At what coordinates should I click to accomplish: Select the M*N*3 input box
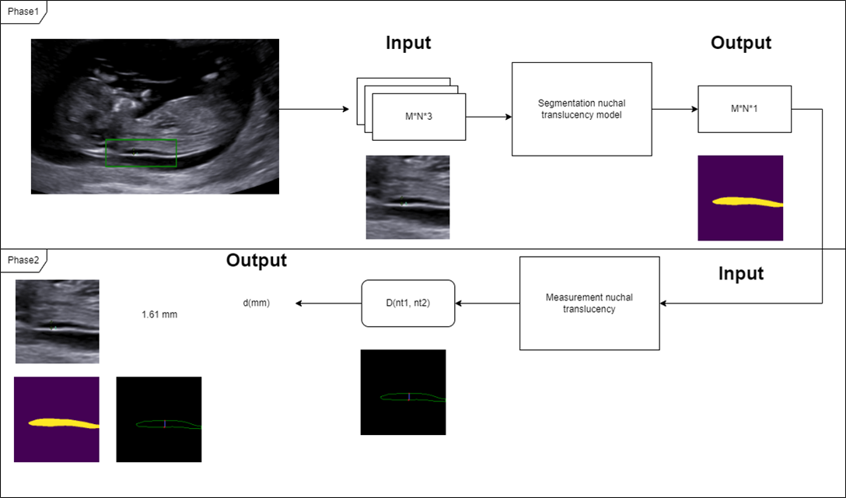click(419, 117)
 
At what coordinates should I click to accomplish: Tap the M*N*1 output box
click(744, 109)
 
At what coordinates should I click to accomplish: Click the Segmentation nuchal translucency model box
click(581, 109)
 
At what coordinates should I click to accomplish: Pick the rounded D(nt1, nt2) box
click(407, 303)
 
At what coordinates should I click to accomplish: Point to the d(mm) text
click(257, 303)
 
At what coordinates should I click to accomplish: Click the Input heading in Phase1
click(408, 43)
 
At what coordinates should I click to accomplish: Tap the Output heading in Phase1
click(740, 43)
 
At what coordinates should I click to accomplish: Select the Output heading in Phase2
click(256, 260)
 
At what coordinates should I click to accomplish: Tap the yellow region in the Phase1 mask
click(743, 202)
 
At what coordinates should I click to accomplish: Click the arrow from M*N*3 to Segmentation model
click(488, 117)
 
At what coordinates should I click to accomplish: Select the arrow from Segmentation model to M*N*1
click(674, 109)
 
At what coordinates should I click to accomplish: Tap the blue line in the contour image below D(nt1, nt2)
click(408, 397)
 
